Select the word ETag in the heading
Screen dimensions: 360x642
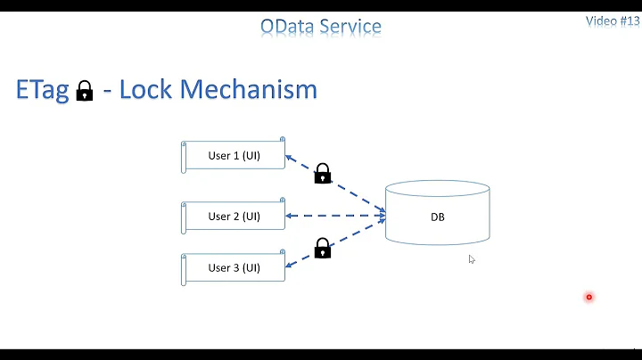click(43, 90)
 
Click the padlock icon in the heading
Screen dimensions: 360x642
click(85, 91)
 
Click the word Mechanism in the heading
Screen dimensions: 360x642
click(251, 90)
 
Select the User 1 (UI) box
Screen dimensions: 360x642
click(234, 156)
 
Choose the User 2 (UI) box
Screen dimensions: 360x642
click(234, 216)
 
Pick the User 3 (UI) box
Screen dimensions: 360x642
click(234, 268)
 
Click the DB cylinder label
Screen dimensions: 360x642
click(437, 217)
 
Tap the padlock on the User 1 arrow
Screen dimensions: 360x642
click(323, 173)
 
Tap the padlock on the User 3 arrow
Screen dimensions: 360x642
click(323, 248)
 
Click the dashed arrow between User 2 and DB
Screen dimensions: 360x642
click(334, 216)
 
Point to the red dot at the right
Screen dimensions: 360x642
click(588, 297)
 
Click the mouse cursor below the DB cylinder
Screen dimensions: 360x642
click(472, 259)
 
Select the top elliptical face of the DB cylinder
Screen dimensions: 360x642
click(437, 189)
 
